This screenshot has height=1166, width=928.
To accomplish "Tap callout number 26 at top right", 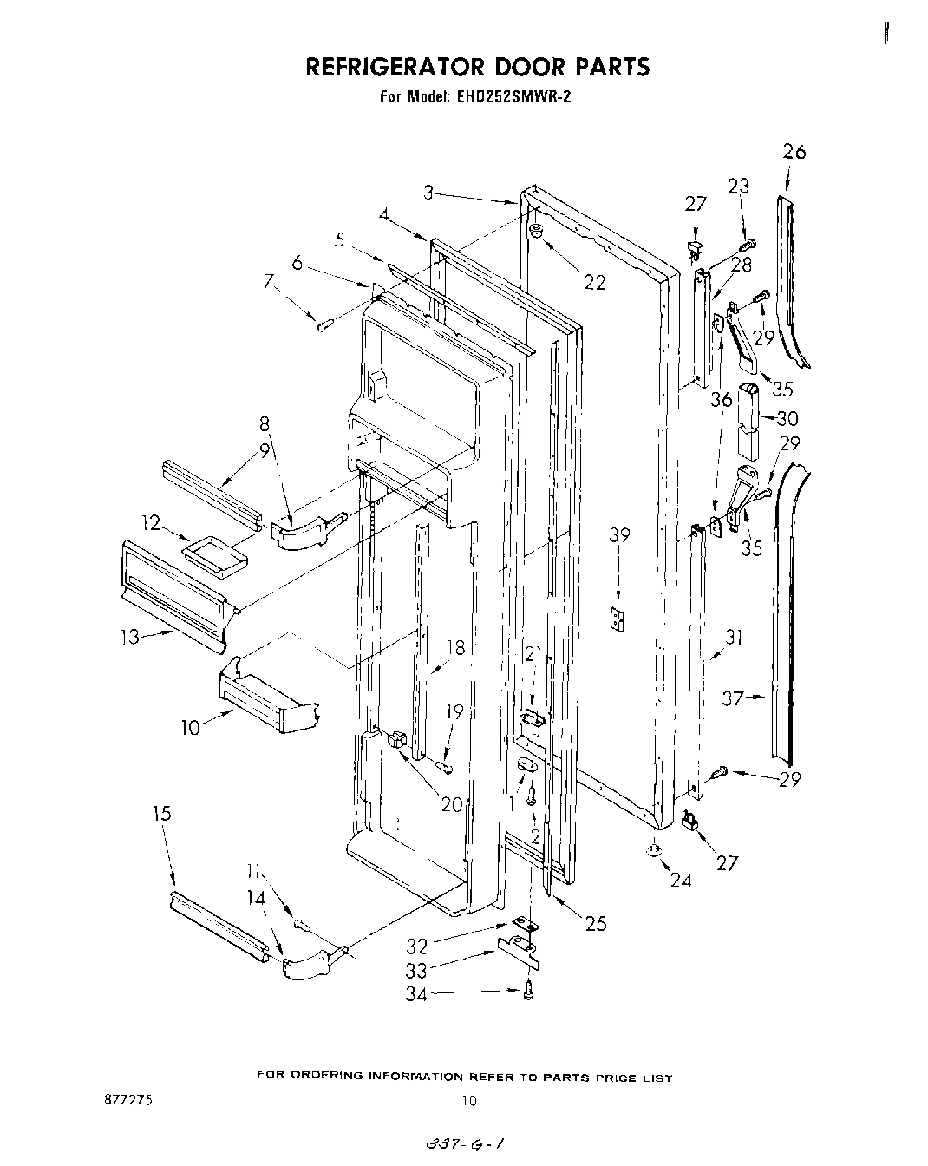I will point(794,152).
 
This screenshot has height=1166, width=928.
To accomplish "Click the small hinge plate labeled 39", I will point(618,620).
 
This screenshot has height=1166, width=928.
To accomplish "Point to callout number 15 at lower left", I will point(161,814).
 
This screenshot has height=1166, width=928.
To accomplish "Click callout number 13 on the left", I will point(130,638).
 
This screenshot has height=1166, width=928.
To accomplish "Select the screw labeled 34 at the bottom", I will point(528,992).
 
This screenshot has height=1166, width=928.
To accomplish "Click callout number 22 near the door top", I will point(594,282).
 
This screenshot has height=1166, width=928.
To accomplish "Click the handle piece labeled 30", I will point(748,421).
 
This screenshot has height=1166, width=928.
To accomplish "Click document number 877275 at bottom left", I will point(127,1099).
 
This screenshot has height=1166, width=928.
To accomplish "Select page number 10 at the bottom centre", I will point(468,1102).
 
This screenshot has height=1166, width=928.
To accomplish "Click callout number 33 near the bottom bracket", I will point(416,971).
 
